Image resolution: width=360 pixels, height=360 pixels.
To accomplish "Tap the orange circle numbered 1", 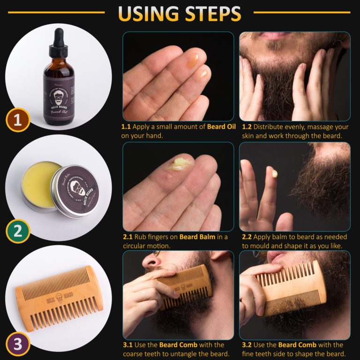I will (18, 120).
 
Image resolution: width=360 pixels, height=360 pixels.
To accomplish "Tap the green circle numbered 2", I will (18, 231).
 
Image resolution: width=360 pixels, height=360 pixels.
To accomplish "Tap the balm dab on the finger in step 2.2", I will (275, 173).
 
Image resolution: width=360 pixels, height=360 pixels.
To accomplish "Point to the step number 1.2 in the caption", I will (248, 127).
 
